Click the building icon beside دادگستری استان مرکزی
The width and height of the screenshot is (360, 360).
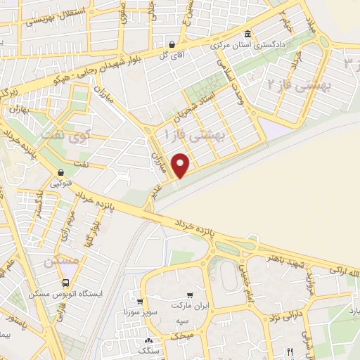click(247, 34)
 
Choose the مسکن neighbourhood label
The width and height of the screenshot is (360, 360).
click(58, 262)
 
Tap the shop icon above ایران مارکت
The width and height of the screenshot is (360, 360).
click(191, 295)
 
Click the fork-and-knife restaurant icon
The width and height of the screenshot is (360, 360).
click(288, 351)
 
